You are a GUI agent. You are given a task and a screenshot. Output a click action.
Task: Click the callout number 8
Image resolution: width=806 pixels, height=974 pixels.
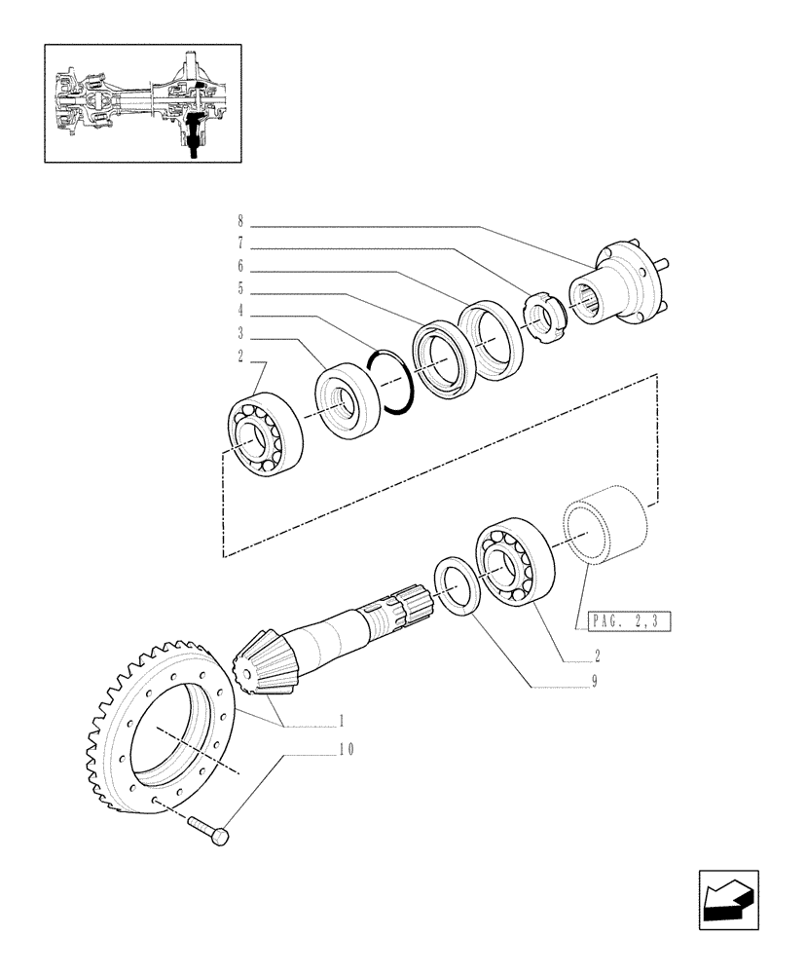point(240,222)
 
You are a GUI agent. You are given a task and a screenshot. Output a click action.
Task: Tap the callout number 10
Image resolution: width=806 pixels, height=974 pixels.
point(319,750)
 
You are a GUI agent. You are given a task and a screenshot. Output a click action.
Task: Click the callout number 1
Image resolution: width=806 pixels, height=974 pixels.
point(342,722)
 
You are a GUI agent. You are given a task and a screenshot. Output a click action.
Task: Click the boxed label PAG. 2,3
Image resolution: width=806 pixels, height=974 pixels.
point(630,619)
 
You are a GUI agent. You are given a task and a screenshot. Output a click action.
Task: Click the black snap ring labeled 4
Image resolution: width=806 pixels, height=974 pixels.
point(392,382)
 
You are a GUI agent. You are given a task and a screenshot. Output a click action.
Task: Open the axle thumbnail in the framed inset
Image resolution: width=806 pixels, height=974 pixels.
point(142,102)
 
